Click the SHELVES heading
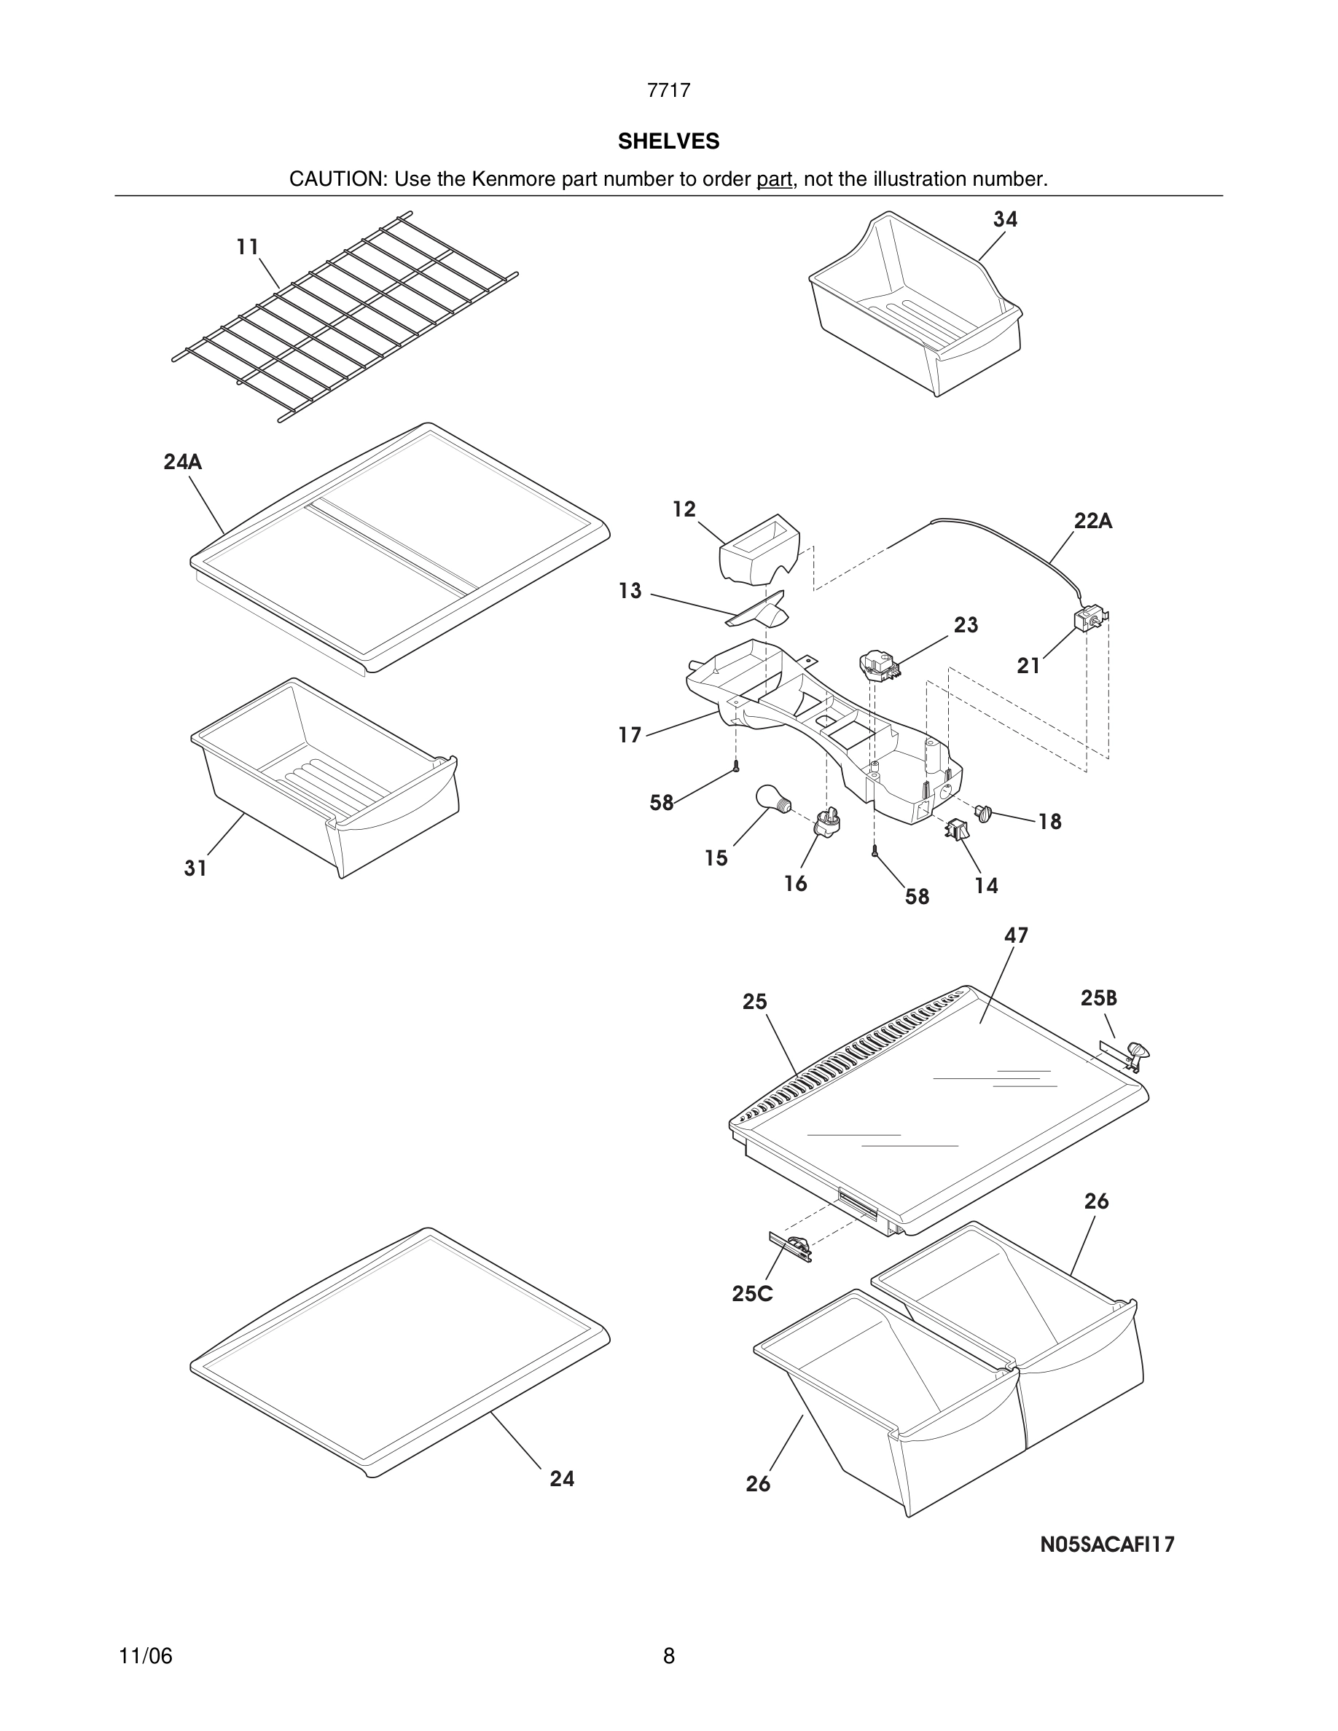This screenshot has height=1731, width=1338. click(668, 141)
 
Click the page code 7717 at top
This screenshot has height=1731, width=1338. click(668, 90)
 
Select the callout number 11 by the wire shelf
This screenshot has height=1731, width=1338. click(248, 247)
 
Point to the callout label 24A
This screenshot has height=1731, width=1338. click(183, 462)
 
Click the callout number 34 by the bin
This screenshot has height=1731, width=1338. click(1005, 219)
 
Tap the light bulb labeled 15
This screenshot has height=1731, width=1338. click(771, 797)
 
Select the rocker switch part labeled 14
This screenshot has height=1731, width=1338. click(957, 830)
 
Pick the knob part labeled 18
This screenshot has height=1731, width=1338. click(984, 812)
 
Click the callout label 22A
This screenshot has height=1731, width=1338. click(1093, 522)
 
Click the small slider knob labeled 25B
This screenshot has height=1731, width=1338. click(1134, 1053)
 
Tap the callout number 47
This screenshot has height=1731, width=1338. click(1016, 936)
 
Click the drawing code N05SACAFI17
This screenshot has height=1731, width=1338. click(1107, 1544)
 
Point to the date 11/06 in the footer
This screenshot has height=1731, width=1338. click(146, 1656)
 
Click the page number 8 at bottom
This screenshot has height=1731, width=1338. click(668, 1656)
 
